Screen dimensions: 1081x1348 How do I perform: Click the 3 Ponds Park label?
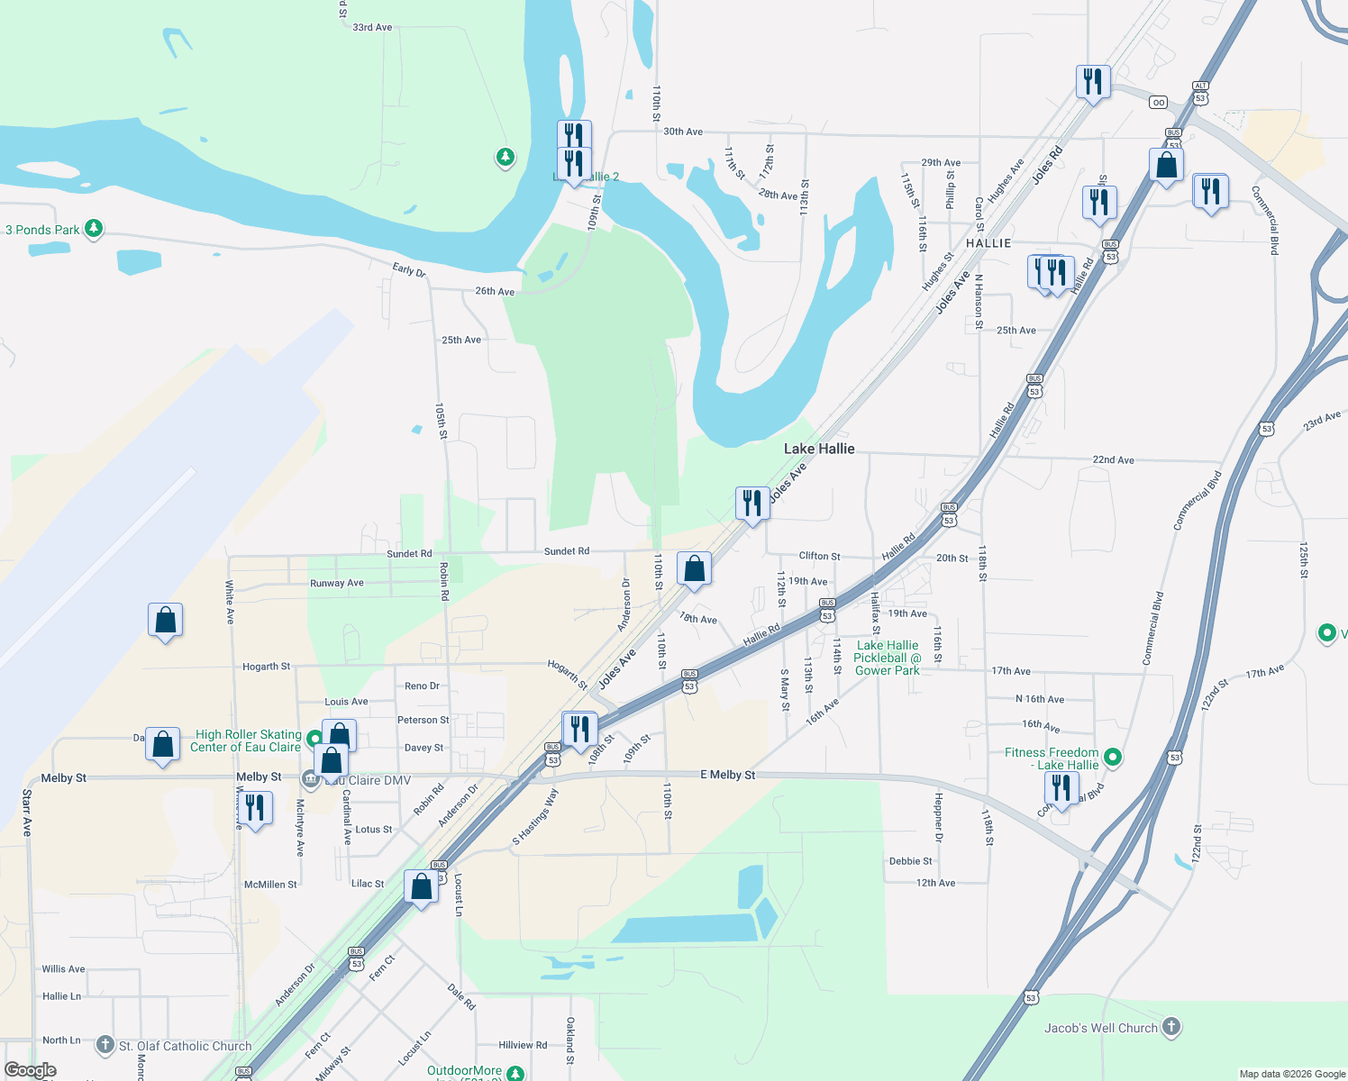coord(42,230)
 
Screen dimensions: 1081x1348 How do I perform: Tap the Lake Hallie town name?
coord(819,449)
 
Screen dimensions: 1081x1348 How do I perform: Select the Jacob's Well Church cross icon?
coord(1170,1026)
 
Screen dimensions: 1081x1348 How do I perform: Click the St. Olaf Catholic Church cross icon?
coord(105,1045)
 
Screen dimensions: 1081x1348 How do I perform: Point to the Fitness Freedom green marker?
coord(1113,758)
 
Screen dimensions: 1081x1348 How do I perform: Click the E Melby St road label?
coord(728,775)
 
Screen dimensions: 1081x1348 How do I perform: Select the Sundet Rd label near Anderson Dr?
coord(567,551)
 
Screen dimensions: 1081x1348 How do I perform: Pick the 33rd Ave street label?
coord(372,28)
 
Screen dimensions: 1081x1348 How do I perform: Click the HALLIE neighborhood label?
coord(988,243)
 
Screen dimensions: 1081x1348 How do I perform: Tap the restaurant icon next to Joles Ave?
coord(751,504)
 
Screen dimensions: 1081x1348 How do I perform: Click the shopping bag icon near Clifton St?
coord(694,569)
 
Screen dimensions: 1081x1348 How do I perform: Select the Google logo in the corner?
coord(31,1070)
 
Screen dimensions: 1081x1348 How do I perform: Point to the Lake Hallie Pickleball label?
coord(888,658)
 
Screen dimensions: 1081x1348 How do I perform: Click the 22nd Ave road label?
coord(1113,460)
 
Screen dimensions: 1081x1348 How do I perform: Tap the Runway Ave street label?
coord(337,583)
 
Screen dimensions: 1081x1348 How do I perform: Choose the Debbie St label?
coord(911,861)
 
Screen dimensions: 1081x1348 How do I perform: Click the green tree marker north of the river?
coord(505,158)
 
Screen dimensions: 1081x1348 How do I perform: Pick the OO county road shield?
coord(1158,103)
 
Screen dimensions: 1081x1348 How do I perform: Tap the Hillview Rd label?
coord(523,1045)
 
